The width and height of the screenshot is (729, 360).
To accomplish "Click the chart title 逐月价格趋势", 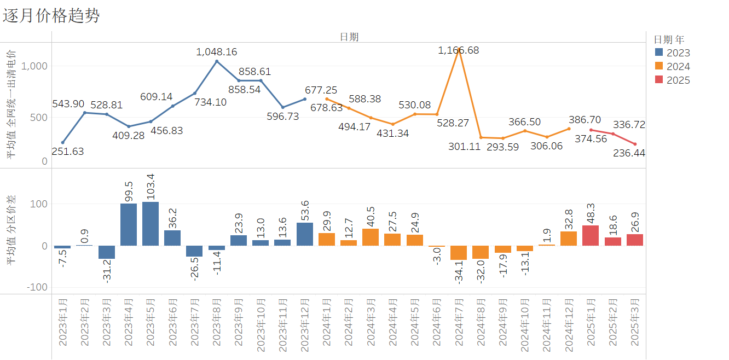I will click(x=51, y=16).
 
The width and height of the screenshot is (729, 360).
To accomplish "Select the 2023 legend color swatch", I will click(x=659, y=53).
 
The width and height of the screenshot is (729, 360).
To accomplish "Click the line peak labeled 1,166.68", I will click(x=459, y=49).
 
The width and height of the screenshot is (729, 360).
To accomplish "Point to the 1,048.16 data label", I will click(x=217, y=52).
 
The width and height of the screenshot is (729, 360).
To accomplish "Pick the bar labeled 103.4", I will click(x=151, y=224).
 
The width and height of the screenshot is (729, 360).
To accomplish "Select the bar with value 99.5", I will click(x=129, y=224).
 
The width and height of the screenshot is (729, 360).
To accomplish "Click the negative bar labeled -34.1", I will click(x=459, y=253).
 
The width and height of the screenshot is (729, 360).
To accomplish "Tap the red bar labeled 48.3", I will click(x=591, y=235).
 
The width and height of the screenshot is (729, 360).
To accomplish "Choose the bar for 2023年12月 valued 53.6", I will click(x=305, y=234).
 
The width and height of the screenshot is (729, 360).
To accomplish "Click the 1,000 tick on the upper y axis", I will click(x=36, y=66).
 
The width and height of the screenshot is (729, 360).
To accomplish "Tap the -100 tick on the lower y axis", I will click(x=37, y=287).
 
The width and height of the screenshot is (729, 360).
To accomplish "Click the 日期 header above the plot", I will click(x=349, y=37).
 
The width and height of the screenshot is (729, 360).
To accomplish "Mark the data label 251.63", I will click(x=68, y=152).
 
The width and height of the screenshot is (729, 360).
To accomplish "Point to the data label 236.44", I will click(x=629, y=153).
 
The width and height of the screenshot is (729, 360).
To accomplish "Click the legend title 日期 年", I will click(x=669, y=39).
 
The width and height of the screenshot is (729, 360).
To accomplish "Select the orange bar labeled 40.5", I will click(x=371, y=237).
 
